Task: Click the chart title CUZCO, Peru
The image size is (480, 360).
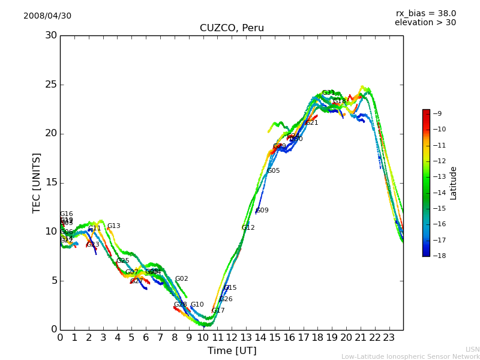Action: [232, 28]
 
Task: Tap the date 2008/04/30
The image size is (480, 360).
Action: [47, 16]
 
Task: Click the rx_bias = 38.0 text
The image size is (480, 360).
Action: [425, 13]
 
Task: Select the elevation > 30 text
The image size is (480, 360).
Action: [425, 23]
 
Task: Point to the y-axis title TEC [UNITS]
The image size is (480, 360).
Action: [37, 182]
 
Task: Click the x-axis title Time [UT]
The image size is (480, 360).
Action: [232, 351]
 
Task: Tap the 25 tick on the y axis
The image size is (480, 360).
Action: [51, 85]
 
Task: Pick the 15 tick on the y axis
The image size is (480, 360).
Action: [51, 182]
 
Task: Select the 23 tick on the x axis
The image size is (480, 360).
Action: [389, 337]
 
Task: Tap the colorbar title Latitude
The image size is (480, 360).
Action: [454, 183]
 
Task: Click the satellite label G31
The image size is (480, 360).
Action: [328, 93]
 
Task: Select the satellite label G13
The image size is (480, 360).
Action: [113, 226]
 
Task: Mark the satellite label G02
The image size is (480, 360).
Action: [181, 279]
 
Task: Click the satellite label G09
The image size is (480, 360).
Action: [262, 211]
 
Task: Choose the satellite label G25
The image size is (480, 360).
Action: [122, 261]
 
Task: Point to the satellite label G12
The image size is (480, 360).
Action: [248, 228]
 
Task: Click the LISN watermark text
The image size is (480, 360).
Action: [472, 349]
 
